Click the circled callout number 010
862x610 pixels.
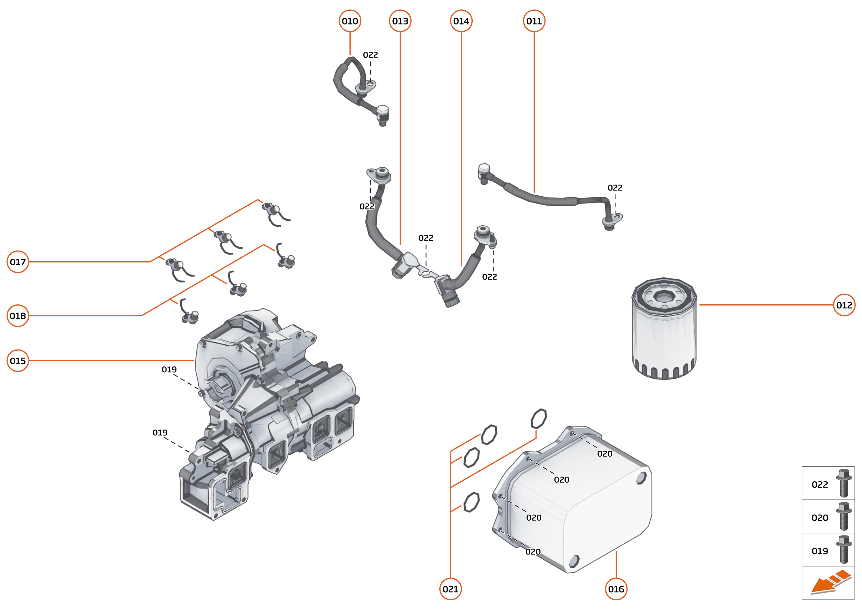pyautogui.click(x=350, y=21)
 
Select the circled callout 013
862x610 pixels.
pyautogui.click(x=400, y=21)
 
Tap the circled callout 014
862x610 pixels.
pyautogui.click(x=461, y=21)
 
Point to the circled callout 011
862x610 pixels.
pyautogui.click(x=534, y=21)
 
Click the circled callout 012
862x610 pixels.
pyautogui.click(x=844, y=305)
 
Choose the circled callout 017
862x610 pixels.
pyautogui.click(x=18, y=262)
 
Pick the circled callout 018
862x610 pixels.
pyautogui.click(x=18, y=316)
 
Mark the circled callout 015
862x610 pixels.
pyautogui.click(x=18, y=361)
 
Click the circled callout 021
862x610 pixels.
pyautogui.click(x=450, y=589)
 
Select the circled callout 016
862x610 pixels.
pyautogui.click(x=616, y=589)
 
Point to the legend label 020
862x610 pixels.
pyautogui.click(x=820, y=518)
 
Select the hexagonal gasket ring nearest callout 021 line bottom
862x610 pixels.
pyautogui.click(x=471, y=502)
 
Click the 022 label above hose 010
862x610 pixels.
pyautogui.click(x=370, y=55)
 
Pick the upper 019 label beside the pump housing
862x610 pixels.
pyautogui.click(x=169, y=370)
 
